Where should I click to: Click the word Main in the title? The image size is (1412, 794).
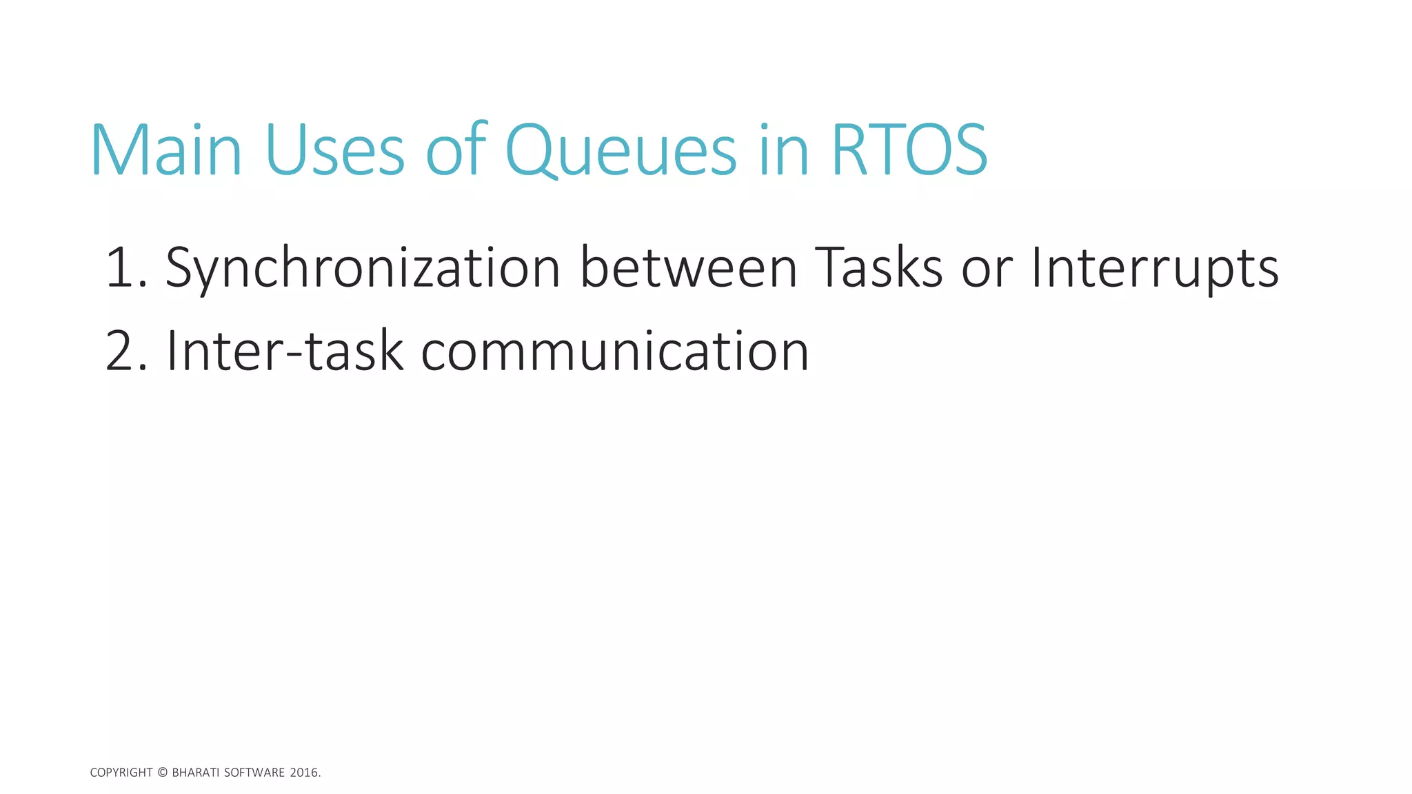(x=166, y=150)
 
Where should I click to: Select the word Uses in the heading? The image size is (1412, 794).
(x=334, y=150)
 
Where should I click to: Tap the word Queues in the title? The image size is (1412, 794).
(x=621, y=150)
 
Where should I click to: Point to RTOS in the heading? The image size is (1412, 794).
(x=909, y=150)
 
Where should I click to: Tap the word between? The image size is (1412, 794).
(x=689, y=267)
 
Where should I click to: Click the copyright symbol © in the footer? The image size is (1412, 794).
(x=163, y=773)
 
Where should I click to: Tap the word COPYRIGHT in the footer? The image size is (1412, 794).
(x=121, y=773)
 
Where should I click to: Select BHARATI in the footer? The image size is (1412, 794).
(x=195, y=773)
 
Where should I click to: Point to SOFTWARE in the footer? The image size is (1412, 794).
(x=254, y=773)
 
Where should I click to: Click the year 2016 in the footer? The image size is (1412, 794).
(x=304, y=773)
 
